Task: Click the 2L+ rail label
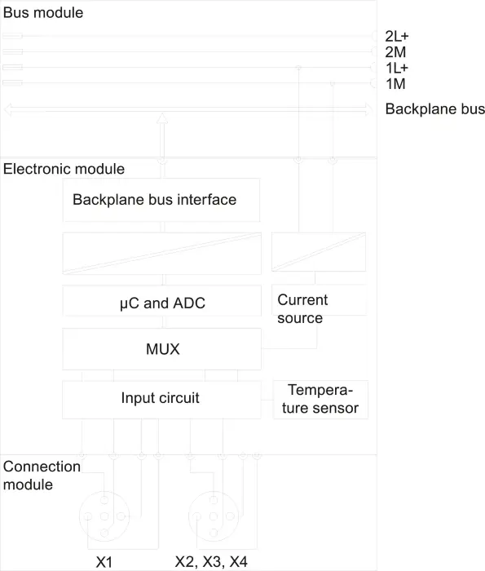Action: [397, 37]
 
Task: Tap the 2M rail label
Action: [395, 52]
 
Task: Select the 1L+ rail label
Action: [397, 68]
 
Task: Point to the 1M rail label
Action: [395, 84]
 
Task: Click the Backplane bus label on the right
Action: [434, 108]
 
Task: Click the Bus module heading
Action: [43, 13]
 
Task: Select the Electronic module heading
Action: [64, 169]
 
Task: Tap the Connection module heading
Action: [42, 476]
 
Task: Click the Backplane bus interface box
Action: [161, 200]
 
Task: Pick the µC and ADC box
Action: [162, 301]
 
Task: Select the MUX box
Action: [162, 349]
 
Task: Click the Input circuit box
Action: [161, 400]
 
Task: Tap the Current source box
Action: [319, 300]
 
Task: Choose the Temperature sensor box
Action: [320, 400]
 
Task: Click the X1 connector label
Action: [104, 562]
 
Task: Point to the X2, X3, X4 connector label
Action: [211, 562]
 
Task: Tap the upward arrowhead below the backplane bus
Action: [162, 118]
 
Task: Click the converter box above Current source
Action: [319, 252]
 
